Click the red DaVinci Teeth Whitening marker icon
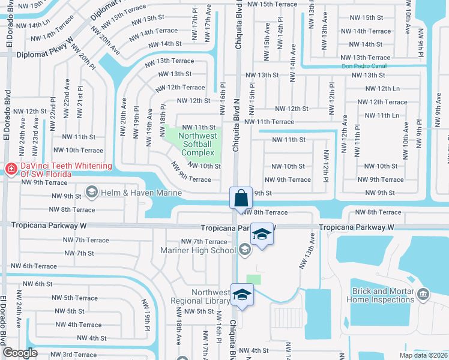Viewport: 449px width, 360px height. point(11,170)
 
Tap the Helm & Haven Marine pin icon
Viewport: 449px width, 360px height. point(91,192)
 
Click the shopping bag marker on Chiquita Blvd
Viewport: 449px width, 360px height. point(240,197)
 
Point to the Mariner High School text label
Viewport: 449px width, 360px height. point(197,250)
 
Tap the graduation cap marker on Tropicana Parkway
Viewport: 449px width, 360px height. point(262,234)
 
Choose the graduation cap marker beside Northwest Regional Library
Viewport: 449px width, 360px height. point(243,295)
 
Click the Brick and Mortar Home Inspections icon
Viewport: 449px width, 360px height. point(423,294)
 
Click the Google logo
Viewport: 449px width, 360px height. point(20,353)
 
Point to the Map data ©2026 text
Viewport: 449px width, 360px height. point(423,355)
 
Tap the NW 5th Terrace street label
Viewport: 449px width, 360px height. point(73,298)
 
